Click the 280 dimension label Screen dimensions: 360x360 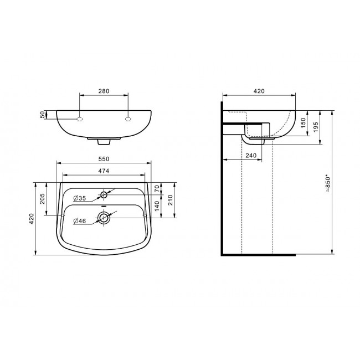coord(104,91)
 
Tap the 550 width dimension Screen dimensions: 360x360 coord(104,159)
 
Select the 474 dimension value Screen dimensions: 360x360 coord(104,171)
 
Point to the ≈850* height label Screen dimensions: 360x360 coord(328,184)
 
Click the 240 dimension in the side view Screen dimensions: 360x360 coord(251,156)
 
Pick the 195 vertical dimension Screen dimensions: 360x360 coord(316,127)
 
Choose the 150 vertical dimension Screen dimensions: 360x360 coord(303,123)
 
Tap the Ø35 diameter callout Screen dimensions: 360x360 coord(79,198)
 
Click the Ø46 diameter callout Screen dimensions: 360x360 coord(79,221)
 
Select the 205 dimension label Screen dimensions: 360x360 coord(42,199)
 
